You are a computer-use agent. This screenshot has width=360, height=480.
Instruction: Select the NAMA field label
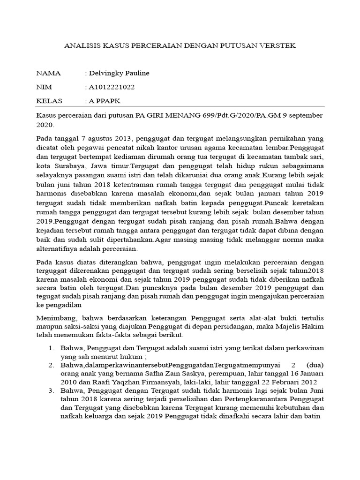[48, 74]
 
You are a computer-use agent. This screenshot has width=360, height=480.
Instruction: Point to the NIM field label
[45, 87]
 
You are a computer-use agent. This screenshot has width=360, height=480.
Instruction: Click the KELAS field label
[49, 101]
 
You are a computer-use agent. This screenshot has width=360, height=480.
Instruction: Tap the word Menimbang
[56, 318]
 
